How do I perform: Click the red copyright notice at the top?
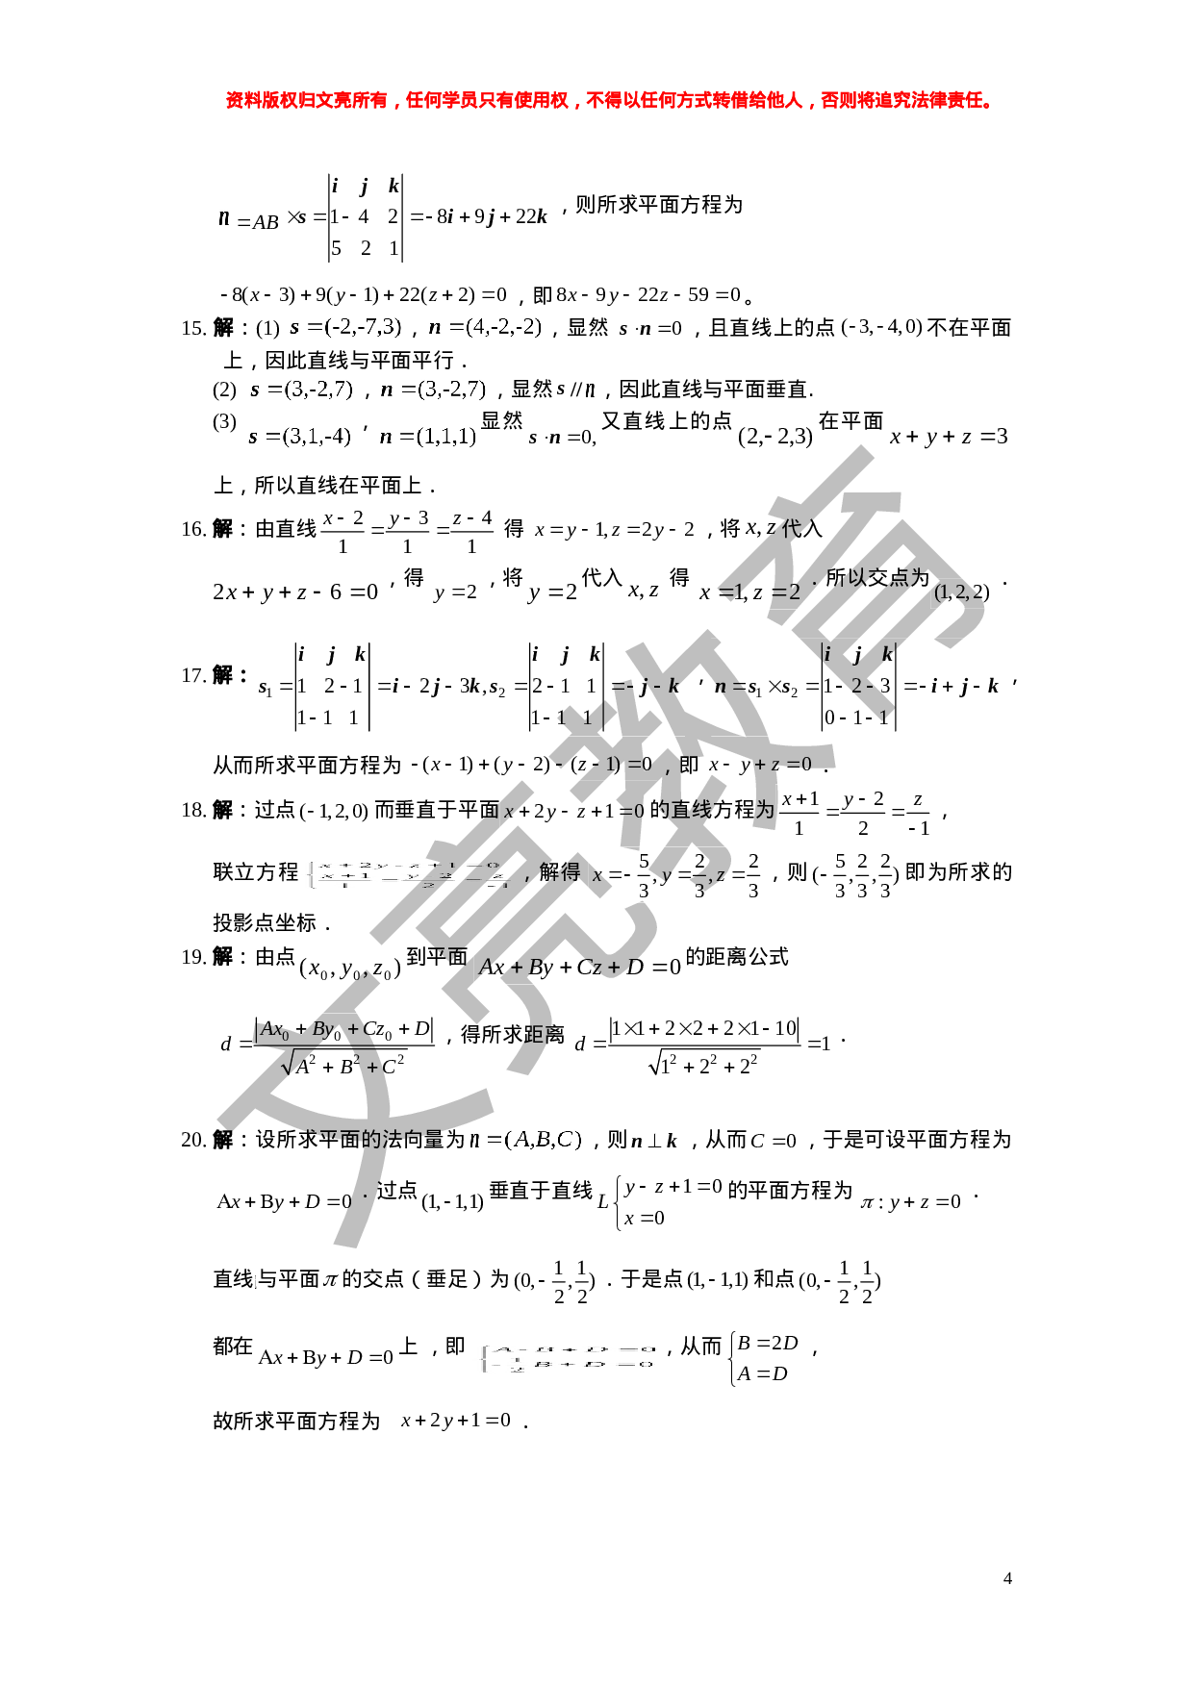pyautogui.click(x=608, y=100)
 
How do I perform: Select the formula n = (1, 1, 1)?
pyautogui.click(x=428, y=438)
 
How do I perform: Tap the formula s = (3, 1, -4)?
pyautogui.click(x=299, y=438)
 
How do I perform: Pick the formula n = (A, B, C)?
pyautogui.click(x=526, y=1141)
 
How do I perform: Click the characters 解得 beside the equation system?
pyautogui.click(x=560, y=872)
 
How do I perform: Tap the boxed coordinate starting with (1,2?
pyautogui.click(x=962, y=593)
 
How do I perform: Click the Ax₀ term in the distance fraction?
pyautogui.click(x=275, y=1030)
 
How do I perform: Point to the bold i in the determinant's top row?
pyautogui.click(x=827, y=654)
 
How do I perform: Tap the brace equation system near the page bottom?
pyautogui.click(x=566, y=1358)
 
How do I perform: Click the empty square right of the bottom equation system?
pyautogui.click(x=762, y=1359)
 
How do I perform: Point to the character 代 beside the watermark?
pyautogui.click(x=790, y=528)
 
